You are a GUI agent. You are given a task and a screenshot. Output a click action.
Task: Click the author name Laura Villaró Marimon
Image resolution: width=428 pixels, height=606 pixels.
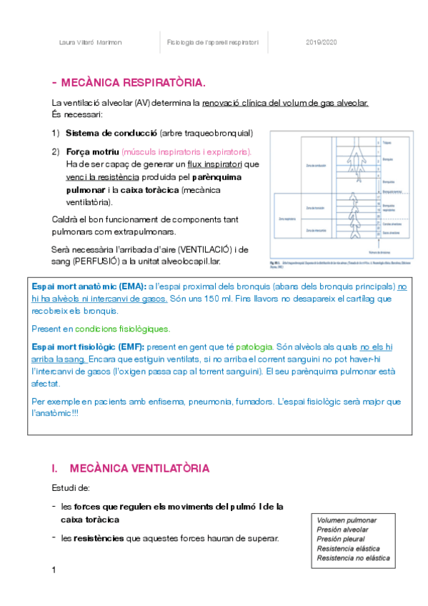89,43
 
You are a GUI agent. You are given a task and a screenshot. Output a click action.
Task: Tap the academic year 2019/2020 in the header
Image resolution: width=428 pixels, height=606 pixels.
320,43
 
